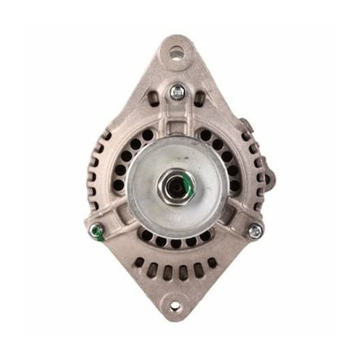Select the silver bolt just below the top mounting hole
point(178,90)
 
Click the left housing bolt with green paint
point(97,232)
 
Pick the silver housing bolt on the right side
point(255,231)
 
